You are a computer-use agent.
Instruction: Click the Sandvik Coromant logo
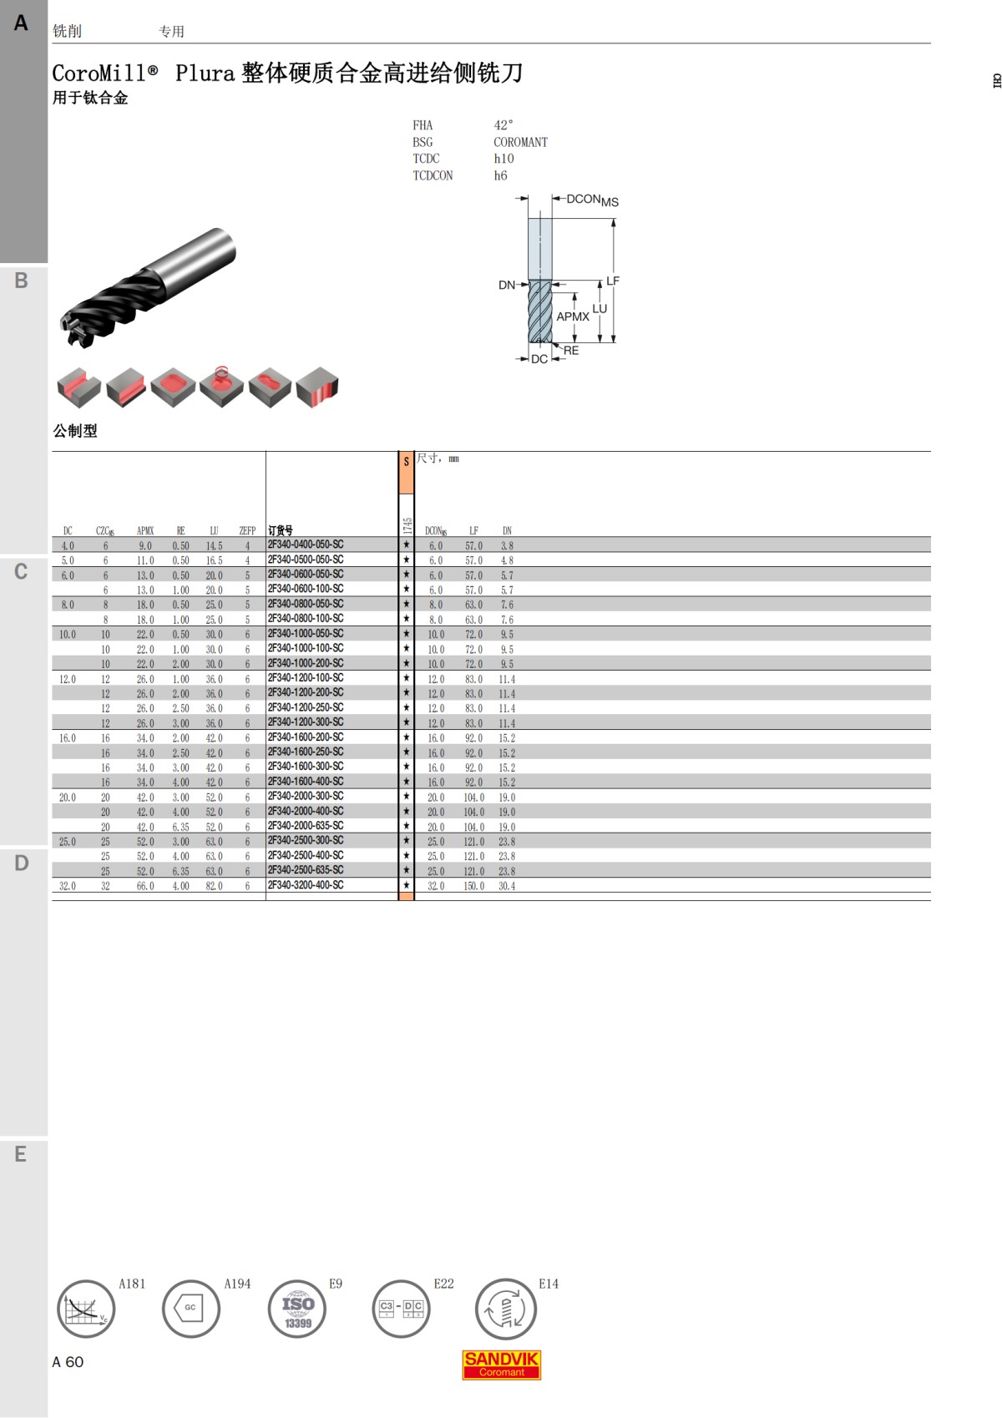click(501, 1365)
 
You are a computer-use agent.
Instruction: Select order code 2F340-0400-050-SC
click(306, 544)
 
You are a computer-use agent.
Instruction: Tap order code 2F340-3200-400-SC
click(306, 885)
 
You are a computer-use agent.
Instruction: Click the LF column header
click(473, 530)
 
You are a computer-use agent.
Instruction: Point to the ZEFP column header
click(247, 530)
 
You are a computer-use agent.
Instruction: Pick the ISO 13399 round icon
click(297, 1309)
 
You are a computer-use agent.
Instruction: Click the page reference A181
click(132, 1284)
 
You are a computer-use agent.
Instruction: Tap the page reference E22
click(443, 1284)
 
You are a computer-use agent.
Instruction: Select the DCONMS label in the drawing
click(592, 200)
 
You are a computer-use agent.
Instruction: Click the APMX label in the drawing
click(573, 317)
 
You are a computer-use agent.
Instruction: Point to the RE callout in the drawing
click(571, 351)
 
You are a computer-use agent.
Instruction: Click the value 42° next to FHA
click(504, 125)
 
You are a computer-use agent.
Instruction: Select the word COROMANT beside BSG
click(520, 142)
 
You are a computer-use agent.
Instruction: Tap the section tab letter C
click(22, 572)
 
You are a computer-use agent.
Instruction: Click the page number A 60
click(68, 1362)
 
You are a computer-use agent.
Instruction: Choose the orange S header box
click(406, 473)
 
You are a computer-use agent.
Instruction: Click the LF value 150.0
click(473, 886)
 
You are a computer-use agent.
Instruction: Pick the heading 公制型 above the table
click(75, 431)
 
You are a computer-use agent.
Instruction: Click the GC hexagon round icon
click(191, 1309)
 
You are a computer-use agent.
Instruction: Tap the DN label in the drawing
click(506, 285)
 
